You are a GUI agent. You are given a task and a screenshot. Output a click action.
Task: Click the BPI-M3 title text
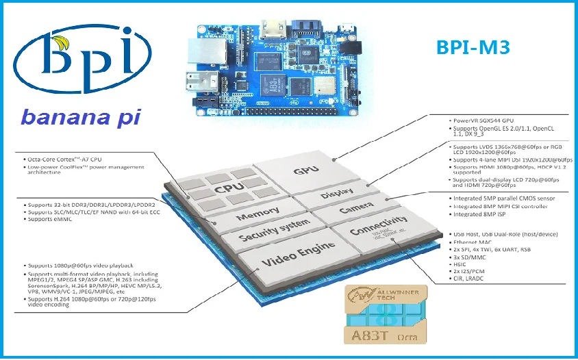coord(473,47)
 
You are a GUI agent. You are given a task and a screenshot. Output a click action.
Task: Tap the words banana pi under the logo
coord(81,116)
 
